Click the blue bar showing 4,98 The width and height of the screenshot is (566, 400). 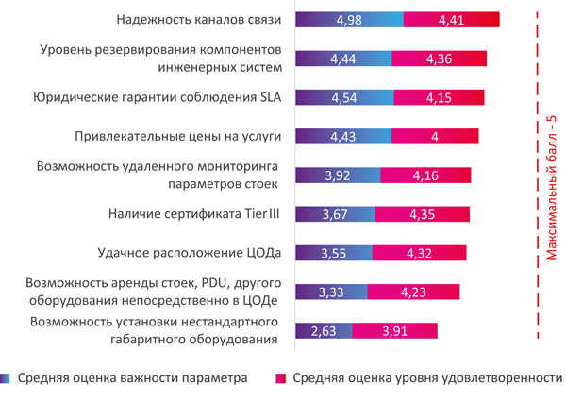point(350,19)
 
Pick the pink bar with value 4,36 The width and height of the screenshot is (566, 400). point(441,58)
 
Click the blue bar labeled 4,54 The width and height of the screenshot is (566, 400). point(344,97)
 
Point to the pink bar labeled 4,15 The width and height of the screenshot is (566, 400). point(439,97)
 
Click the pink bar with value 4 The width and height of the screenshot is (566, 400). point(435,137)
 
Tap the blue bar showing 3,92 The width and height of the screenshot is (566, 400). point(338,175)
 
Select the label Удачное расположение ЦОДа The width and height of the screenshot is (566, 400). point(189,253)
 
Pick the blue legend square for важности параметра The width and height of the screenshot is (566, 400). point(7,379)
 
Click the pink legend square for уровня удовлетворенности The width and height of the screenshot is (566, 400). point(280,379)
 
